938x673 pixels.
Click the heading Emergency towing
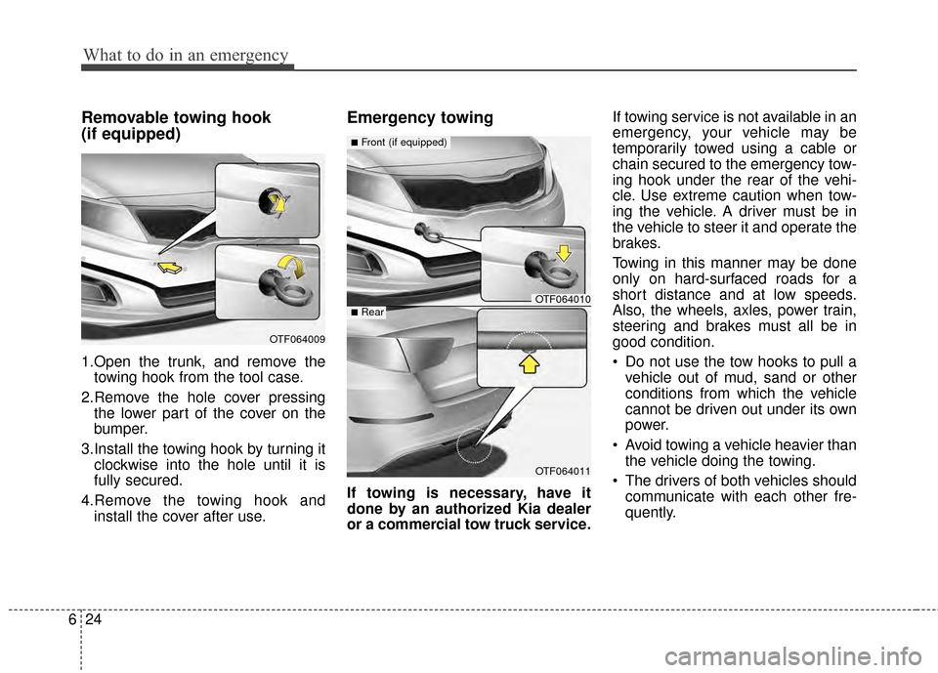(419, 117)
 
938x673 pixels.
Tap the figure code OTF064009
(294, 339)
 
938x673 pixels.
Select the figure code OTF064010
(561, 299)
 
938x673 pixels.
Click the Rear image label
(368, 313)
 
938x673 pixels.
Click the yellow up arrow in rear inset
(530, 363)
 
